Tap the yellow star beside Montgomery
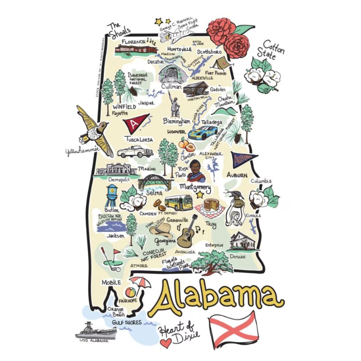coord(201,195)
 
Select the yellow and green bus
coord(179,202)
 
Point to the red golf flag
coord(117,251)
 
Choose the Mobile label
coord(111,282)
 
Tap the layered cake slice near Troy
coord(211,205)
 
